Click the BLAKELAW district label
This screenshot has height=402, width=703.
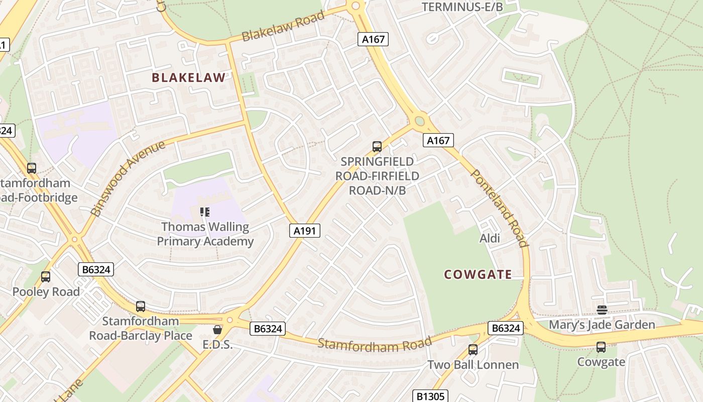click(x=188, y=77)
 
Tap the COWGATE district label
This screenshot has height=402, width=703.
click(x=478, y=274)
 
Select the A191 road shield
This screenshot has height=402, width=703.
click(x=305, y=231)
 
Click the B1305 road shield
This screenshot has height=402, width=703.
click(x=430, y=396)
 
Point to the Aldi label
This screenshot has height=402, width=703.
click(x=490, y=238)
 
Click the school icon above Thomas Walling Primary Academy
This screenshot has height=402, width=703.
click(x=204, y=212)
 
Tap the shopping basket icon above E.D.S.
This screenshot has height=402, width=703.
click(x=217, y=330)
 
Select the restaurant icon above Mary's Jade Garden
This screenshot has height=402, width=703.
click(x=602, y=310)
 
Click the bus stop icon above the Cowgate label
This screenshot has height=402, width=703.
click(x=601, y=347)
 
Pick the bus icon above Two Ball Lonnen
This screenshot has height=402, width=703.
click(x=473, y=349)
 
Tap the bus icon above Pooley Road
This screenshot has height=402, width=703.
click(x=46, y=276)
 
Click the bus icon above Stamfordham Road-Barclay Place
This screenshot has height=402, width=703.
click(x=141, y=306)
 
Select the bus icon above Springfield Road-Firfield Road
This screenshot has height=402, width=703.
click(x=377, y=147)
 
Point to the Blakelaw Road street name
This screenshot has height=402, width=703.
click(x=283, y=27)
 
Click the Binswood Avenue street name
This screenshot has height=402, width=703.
click(x=129, y=178)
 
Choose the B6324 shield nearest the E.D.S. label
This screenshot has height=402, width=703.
click(x=268, y=329)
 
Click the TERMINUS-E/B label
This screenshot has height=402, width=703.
click(x=462, y=7)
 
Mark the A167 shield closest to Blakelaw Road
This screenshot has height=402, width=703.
click(x=373, y=39)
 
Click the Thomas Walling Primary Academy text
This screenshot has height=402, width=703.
click(x=205, y=234)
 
